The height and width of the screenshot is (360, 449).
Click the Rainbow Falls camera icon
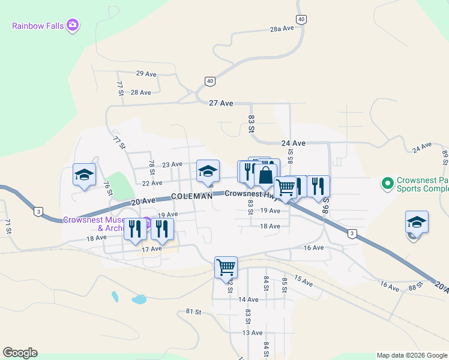click(73, 25)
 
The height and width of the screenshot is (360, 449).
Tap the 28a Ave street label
click(282, 29)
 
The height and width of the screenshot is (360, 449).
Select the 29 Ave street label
click(146, 74)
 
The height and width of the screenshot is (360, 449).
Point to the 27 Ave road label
click(221, 103)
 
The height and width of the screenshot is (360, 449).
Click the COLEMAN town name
click(191, 196)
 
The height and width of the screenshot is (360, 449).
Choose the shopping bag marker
click(265, 176)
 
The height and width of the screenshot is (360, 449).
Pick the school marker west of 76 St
click(84, 175)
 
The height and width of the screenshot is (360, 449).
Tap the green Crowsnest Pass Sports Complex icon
click(388, 182)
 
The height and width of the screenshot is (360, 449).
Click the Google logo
click(20, 353)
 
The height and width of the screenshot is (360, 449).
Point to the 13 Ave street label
click(252, 333)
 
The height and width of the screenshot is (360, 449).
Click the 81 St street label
click(193, 312)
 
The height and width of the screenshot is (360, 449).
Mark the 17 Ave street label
click(152, 248)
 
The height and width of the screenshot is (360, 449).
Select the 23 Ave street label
click(172, 164)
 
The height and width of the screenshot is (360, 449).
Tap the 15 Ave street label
click(304, 281)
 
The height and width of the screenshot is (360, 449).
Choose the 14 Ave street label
click(248, 299)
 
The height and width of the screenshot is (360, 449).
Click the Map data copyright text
click(412, 355)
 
